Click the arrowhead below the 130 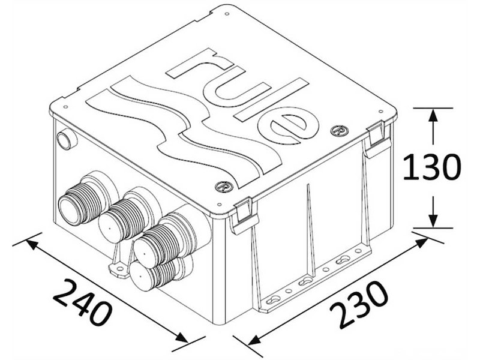tap(432, 220)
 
